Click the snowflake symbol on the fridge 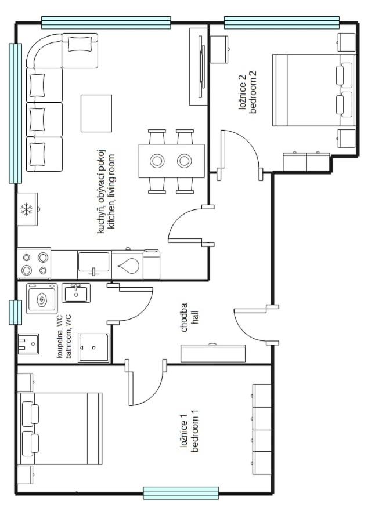coord(27,209)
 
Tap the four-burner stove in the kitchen coord(34,263)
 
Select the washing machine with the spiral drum coord(42,299)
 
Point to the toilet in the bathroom coord(27,344)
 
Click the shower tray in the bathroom coord(93,347)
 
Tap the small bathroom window coord(15,312)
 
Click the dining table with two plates coord(171,161)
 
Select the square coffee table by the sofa coord(96,113)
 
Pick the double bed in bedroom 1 coord(61,429)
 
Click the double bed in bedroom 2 coord(313,90)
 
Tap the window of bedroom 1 coord(181,493)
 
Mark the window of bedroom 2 coord(282,22)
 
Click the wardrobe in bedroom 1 coord(262,429)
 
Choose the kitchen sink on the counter coord(93,264)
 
